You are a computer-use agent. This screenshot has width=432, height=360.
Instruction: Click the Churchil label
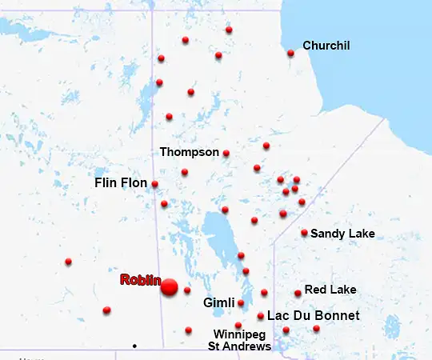point(326,46)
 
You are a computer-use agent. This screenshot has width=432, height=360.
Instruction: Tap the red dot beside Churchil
point(290,54)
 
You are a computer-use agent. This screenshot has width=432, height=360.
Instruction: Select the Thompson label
point(189,151)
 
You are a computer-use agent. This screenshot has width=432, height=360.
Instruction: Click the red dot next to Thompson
point(226,153)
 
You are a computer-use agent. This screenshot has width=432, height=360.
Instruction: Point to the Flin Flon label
point(121,183)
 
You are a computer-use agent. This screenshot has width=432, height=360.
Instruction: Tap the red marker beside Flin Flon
point(154,184)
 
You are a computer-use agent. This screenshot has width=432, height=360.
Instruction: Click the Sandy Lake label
point(342,234)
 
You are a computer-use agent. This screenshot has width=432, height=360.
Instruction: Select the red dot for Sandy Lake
point(304,233)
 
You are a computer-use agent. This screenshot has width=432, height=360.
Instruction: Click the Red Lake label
point(330,290)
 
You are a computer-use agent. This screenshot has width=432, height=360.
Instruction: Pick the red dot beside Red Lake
point(298,293)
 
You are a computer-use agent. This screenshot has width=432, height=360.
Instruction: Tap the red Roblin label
point(141,280)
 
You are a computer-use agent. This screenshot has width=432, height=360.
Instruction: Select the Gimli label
point(218,303)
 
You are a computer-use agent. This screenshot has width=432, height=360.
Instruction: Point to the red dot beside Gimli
point(241,303)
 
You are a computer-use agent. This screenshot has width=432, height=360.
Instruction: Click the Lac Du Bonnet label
point(313,316)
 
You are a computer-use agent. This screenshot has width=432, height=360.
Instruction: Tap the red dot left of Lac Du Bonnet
point(261,316)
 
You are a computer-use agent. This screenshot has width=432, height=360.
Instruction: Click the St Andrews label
point(239,346)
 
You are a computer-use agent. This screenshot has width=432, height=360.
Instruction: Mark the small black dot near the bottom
point(134,346)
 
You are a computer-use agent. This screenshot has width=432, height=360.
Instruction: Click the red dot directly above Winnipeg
point(238,325)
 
